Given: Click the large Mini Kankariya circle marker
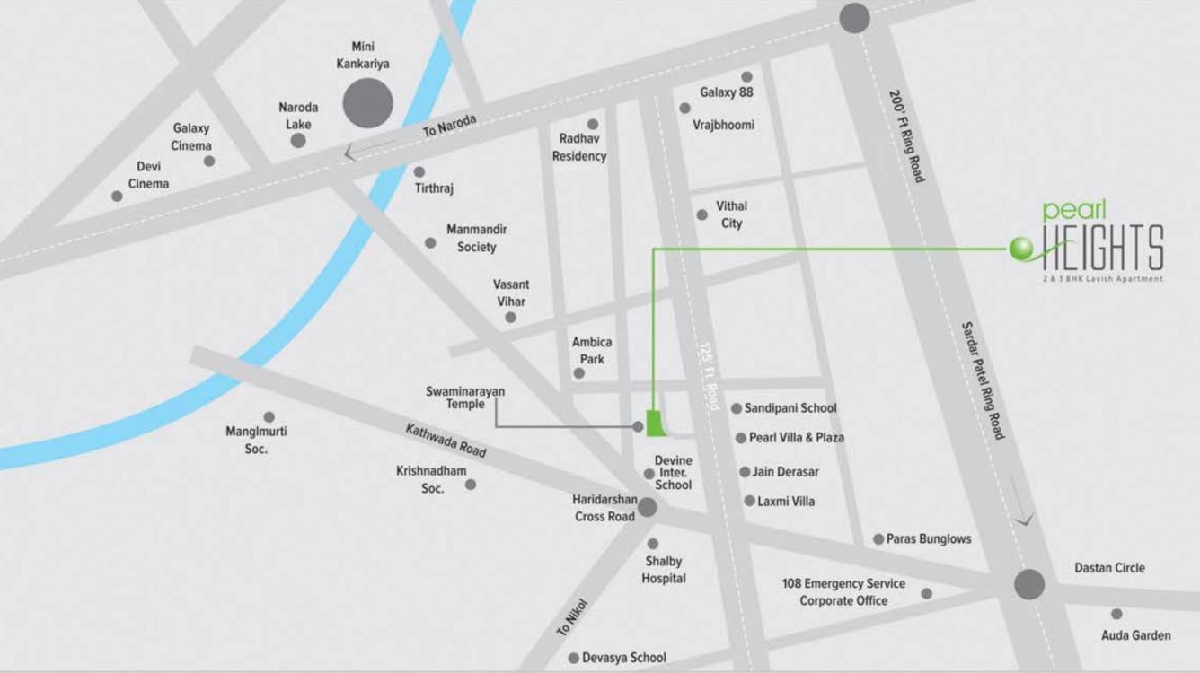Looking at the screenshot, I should [x=367, y=102].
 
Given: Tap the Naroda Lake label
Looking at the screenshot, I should [x=298, y=116].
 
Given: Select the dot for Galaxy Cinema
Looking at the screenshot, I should [x=209, y=161].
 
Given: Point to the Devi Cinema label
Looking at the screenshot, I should [x=148, y=175].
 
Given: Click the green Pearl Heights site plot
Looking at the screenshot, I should [x=657, y=423].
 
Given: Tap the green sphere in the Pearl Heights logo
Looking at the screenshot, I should [x=1021, y=249].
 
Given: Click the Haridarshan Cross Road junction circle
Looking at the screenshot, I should [x=647, y=508].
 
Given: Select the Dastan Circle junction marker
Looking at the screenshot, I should [x=1029, y=584].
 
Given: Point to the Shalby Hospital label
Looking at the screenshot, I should [x=664, y=570].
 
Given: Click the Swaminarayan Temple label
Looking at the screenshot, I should [x=465, y=398].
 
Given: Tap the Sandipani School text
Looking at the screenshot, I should [x=790, y=408].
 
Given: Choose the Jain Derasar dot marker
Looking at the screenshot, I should [x=745, y=472].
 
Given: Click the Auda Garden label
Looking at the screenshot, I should [x=1135, y=635].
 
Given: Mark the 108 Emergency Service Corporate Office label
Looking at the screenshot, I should [x=843, y=592].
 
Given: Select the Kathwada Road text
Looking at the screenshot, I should [x=446, y=441].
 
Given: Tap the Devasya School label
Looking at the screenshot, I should [x=623, y=658].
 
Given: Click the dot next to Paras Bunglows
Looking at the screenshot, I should [x=878, y=539].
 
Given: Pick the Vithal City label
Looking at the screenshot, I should [x=731, y=214].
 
